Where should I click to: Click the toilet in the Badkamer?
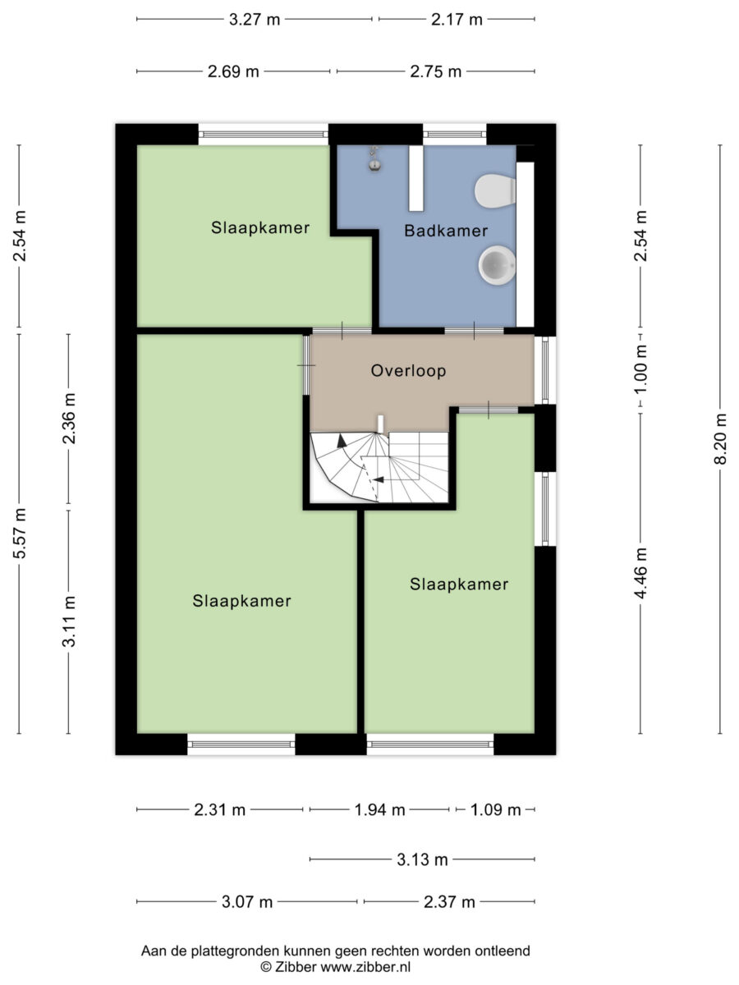[495, 190]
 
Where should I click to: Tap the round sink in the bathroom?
[497, 265]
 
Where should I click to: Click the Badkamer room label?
[446, 231]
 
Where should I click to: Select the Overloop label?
[408, 371]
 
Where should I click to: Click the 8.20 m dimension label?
[720, 439]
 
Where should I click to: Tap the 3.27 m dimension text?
[255, 20]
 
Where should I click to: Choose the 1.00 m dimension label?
[640, 369]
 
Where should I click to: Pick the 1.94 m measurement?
[379, 810]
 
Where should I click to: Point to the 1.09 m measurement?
[495, 810]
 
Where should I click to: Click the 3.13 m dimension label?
[422, 859]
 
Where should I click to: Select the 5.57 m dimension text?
[19, 534]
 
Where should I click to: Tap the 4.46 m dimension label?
[640, 573]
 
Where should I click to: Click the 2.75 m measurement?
[436, 71]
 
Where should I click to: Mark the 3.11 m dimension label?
[69, 621]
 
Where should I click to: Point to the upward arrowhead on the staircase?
[342, 441]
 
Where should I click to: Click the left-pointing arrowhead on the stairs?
[379, 479]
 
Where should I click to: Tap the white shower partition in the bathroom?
[416, 178]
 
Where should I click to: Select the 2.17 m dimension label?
[457, 20]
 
